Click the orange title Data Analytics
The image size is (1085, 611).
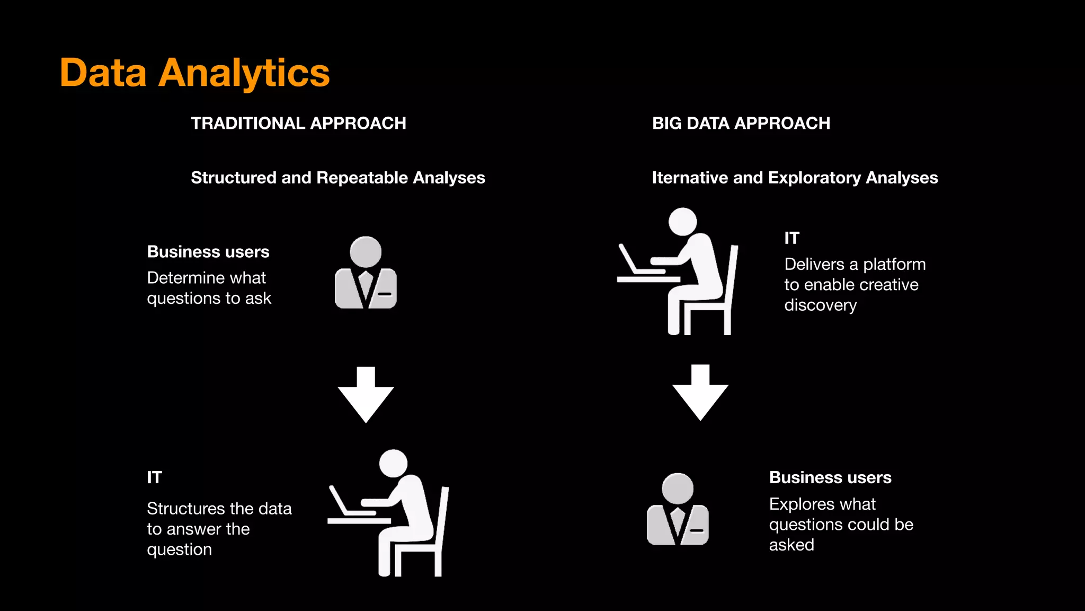[x=194, y=73]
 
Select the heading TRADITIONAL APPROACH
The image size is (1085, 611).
[x=298, y=123]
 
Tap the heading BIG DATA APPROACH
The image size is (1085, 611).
[x=741, y=123]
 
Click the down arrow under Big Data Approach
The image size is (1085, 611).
[x=700, y=392]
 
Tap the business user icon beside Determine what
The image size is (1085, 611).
[x=366, y=273]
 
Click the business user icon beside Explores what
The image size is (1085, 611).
[x=678, y=510]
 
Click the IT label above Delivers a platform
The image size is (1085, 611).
[x=791, y=238]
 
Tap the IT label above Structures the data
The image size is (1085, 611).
[x=154, y=477]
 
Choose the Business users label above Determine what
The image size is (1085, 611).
[x=208, y=251]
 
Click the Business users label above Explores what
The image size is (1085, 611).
[x=830, y=477]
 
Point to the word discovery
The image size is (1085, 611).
[x=820, y=305]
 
